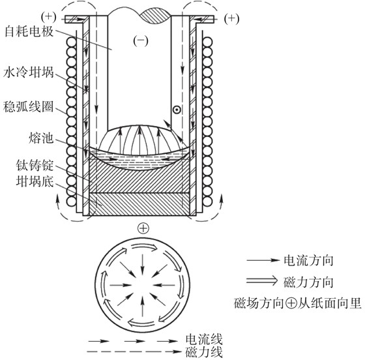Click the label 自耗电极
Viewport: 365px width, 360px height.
(29, 31)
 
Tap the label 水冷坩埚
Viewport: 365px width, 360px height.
(29, 72)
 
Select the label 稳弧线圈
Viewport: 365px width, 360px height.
(29, 107)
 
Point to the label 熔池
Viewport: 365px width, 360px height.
(41, 138)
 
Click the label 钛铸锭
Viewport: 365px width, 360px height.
(35, 165)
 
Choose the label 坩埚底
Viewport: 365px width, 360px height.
(35, 181)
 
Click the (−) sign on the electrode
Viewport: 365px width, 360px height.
(141, 40)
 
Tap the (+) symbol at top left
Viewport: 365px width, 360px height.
(49, 17)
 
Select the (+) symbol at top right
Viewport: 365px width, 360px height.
(231, 19)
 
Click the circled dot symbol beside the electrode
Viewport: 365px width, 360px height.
(177, 110)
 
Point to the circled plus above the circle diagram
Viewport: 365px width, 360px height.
(143, 228)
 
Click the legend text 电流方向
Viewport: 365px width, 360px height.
(308, 260)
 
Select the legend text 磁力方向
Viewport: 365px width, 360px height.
(308, 282)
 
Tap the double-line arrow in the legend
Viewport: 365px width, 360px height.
(262, 280)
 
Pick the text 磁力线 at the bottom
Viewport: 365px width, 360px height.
(204, 352)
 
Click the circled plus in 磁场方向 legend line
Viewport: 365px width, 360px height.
(291, 303)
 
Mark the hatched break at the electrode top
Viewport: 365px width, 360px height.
(155, 16)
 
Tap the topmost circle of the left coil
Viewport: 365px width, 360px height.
(71, 42)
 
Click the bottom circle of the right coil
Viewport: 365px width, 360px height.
(207, 202)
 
